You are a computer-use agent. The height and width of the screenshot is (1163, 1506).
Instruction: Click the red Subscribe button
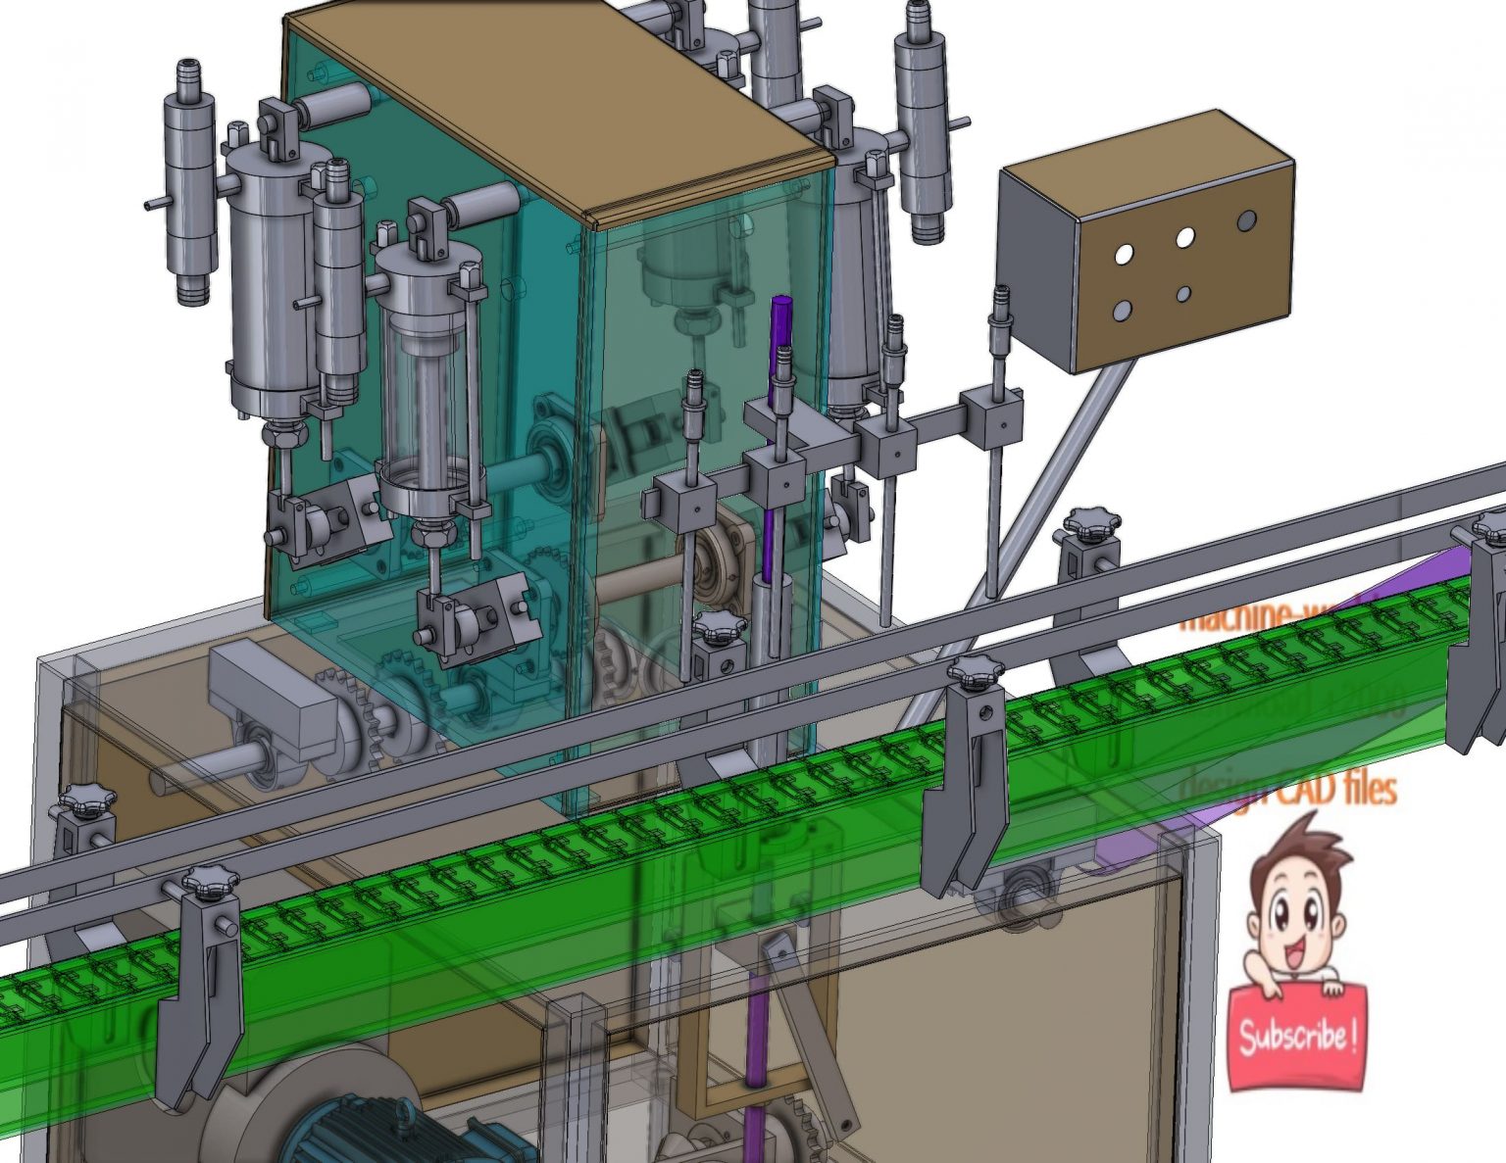(1296, 1038)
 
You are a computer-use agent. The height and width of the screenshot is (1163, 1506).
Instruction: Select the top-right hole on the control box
(1246, 220)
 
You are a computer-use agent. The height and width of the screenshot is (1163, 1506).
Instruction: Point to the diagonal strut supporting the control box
(1029, 509)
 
